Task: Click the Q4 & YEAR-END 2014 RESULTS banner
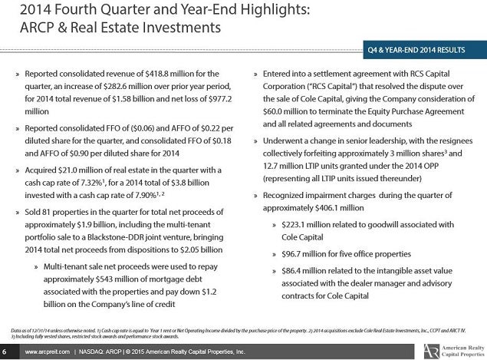[425, 50]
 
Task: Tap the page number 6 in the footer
[5, 352]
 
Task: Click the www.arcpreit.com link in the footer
[48, 352]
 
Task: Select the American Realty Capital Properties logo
[454, 351]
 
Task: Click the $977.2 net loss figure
[220, 99]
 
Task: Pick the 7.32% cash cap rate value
[92, 183]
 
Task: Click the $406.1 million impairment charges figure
[339, 208]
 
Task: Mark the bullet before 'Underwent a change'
[255, 141]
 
